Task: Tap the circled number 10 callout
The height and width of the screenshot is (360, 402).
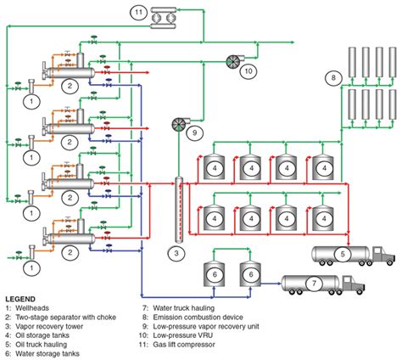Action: point(248,71)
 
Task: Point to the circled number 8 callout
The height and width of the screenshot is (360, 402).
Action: point(334,79)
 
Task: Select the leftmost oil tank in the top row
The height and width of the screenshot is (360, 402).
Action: point(215,167)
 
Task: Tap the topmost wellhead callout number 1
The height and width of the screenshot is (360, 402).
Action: point(29,101)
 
